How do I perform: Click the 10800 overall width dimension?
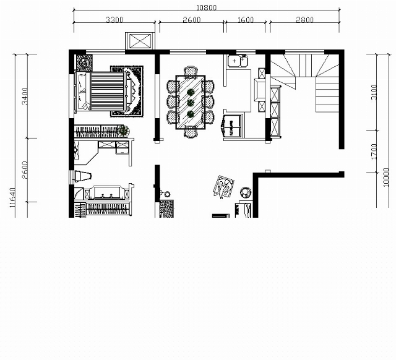tap(206, 7)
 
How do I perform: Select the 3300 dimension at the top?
tap(114, 20)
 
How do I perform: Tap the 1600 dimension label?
tap(246, 20)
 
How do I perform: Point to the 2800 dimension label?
tap(304, 20)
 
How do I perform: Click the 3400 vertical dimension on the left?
tap(25, 96)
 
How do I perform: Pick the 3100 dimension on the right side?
tap(374, 92)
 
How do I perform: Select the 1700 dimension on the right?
tap(374, 152)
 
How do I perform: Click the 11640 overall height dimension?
tap(12, 197)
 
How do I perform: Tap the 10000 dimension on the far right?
tap(386, 178)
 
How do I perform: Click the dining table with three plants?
tap(191, 102)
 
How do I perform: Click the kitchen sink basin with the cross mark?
tap(234, 61)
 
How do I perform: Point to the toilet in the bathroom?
tap(81, 176)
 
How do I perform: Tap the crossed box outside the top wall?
tap(140, 41)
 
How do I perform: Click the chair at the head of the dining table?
tap(191, 71)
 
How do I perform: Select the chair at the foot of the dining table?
tap(191, 132)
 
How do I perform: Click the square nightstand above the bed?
tap(85, 63)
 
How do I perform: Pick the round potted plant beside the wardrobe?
tap(124, 131)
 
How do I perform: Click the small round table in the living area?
tap(245, 193)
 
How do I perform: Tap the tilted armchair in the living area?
tap(223, 187)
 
